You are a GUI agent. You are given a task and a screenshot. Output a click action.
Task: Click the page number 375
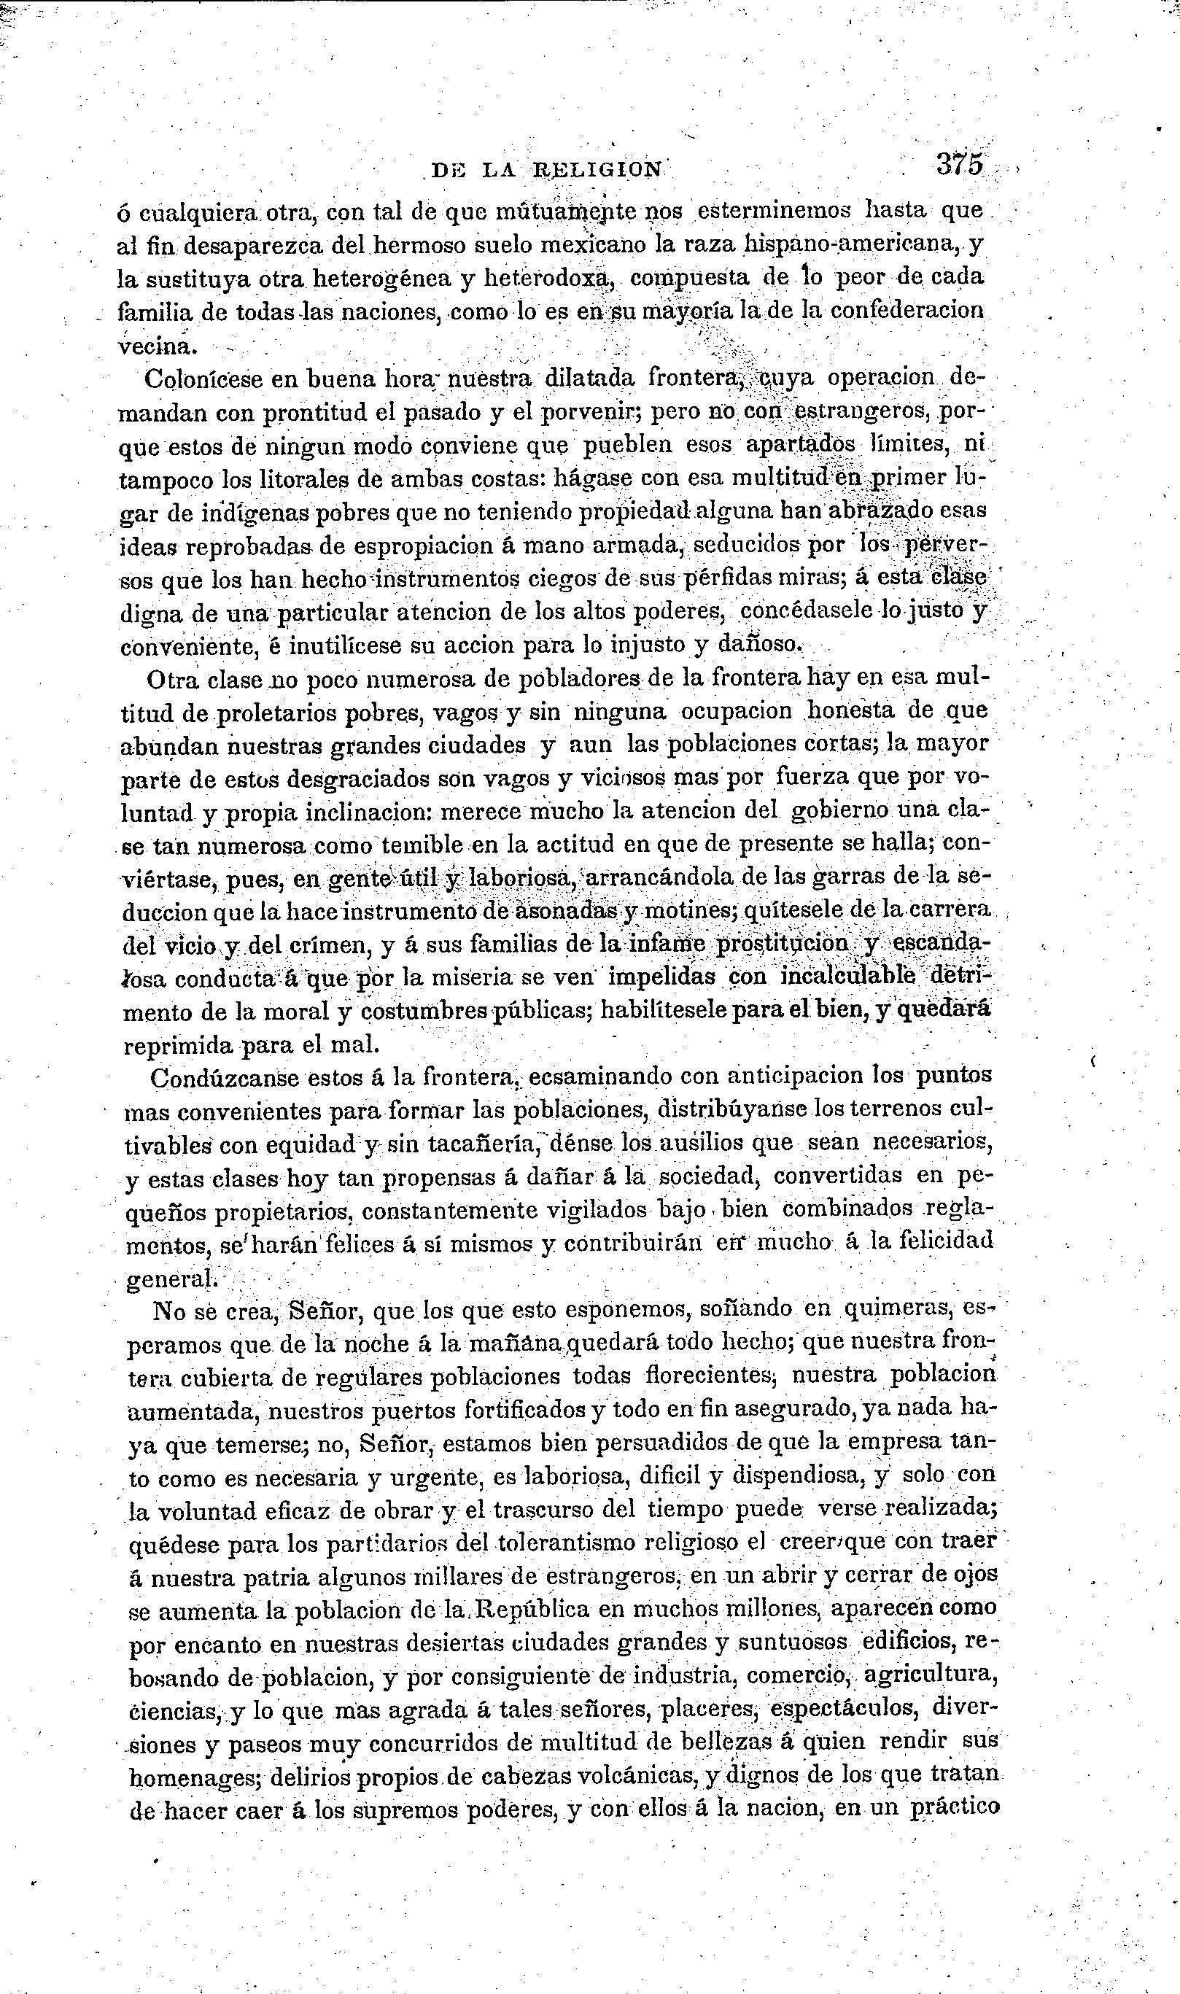(960, 165)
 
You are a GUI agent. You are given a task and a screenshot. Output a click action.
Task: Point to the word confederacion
(907, 311)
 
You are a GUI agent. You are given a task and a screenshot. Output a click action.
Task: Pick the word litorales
(285, 479)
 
